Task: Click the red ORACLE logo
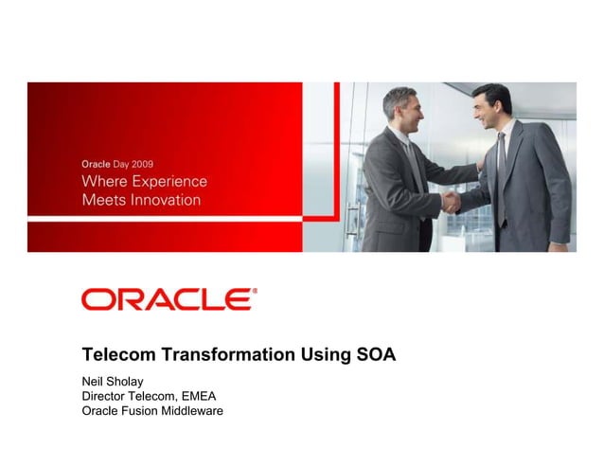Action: click(169, 299)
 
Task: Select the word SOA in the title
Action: click(376, 355)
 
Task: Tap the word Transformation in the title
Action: click(227, 355)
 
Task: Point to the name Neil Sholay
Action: click(114, 381)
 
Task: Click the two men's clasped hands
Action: click(453, 201)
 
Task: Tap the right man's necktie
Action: click(501, 175)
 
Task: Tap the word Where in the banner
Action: click(102, 181)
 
